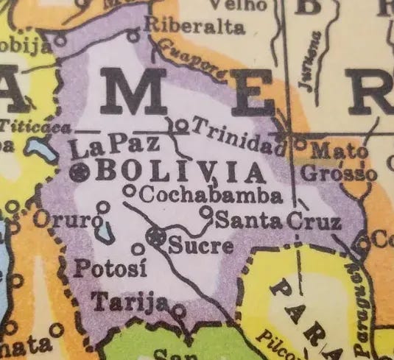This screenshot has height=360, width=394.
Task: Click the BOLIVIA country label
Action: point(180,172)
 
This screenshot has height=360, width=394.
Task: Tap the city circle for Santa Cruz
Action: point(206,213)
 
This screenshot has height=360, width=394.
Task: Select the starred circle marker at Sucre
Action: point(155,237)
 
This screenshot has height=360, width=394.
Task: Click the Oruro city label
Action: point(66,219)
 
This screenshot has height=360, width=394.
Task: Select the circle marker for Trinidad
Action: point(181,125)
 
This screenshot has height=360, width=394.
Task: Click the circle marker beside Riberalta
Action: point(133,34)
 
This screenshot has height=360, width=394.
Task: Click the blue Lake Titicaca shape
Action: point(38,149)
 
